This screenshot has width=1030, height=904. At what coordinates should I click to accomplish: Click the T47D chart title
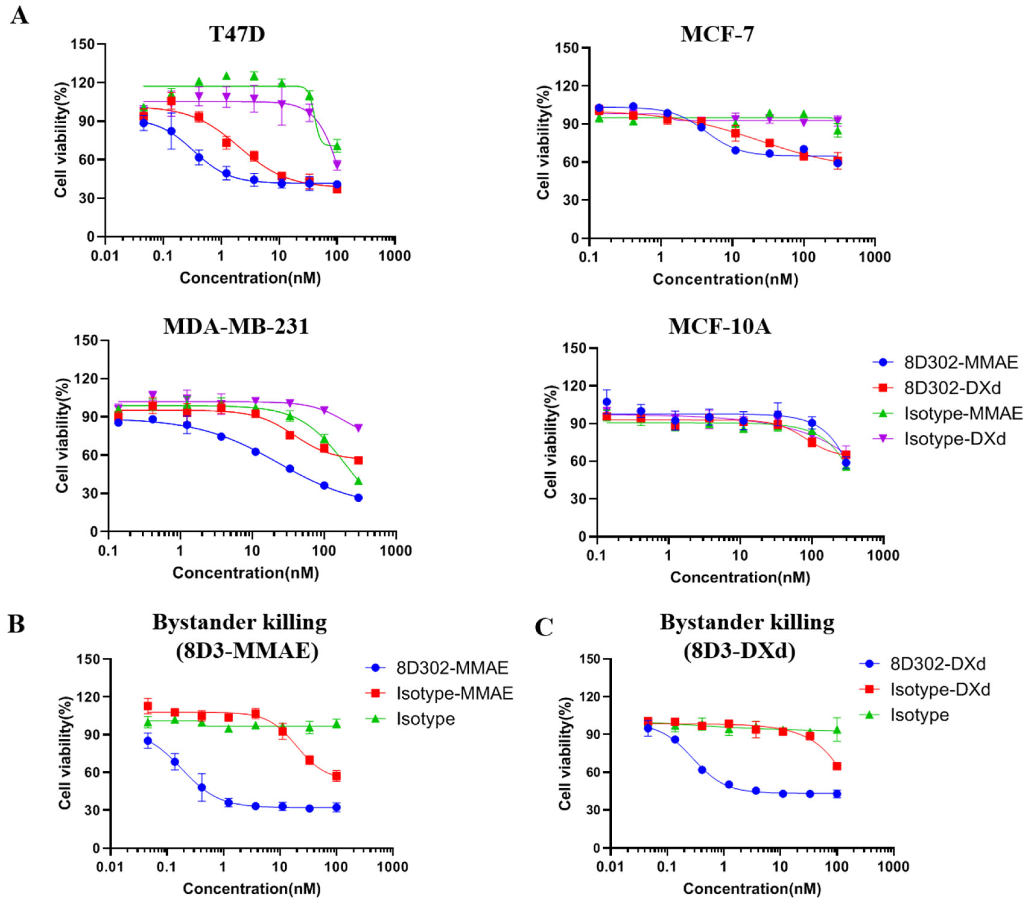(237, 34)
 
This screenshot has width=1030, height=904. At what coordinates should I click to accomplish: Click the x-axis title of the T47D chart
(250, 278)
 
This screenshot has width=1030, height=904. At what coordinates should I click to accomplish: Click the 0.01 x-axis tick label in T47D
(105, 256)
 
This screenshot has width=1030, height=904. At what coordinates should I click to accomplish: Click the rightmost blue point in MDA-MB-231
(358, 497)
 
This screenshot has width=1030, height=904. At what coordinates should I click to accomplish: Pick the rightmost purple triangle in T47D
(337, 165)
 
